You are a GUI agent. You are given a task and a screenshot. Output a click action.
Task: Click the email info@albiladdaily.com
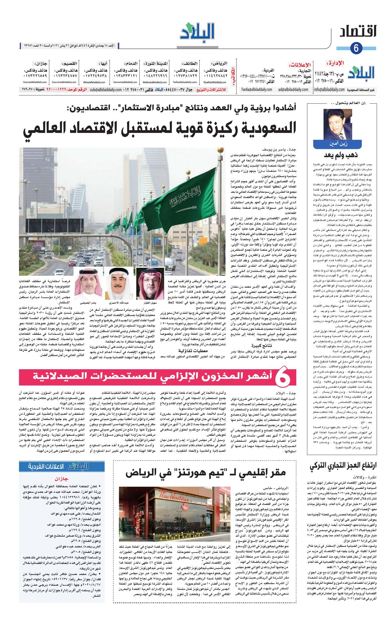(x=329, y=90)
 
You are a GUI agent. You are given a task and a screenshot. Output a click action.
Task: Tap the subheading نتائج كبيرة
(x=259, y=345)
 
